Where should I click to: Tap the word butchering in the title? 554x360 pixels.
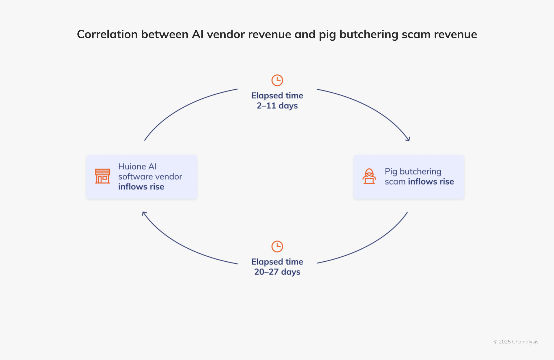click(x=368, y=35)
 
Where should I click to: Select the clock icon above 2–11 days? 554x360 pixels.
click(x=277, y=80)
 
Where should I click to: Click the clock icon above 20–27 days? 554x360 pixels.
click(x=277, y=246)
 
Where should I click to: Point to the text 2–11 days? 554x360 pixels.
click(x=277, y=106)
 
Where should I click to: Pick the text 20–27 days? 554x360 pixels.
click(x=277, y=272)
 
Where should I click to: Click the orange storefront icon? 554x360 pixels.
click(x=102, y=176)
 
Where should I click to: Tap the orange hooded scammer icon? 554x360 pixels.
click(x=369, y=176)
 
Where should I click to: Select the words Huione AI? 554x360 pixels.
click(x=137, y=166)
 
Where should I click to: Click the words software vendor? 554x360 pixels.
click(x=150, y=177)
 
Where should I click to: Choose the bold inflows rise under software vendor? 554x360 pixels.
click(x=141, y=187)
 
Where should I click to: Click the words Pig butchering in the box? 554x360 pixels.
click(x=413, y=172)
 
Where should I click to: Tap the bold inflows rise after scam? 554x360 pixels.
click(x=431, y=181)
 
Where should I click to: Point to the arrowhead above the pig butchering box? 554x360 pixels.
click(x=408, y=139)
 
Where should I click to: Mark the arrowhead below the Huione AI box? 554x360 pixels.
click(x=144, y=214)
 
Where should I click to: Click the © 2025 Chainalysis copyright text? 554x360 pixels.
click(x=516, y=342)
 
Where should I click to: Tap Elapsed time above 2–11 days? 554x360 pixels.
click(x=277, y=95)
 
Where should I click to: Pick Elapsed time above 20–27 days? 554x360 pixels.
click(x=277, y=262)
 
